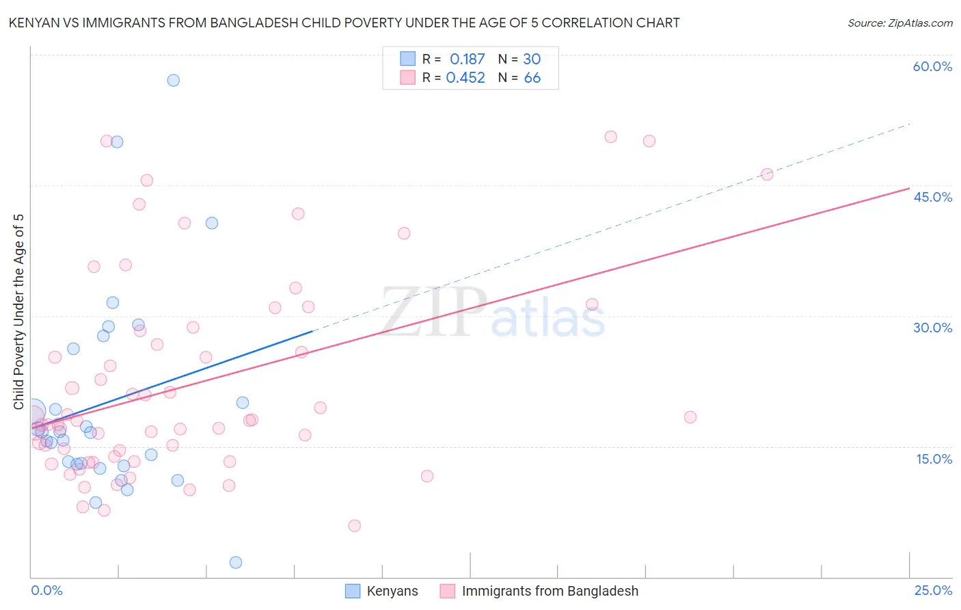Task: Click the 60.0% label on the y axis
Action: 932,66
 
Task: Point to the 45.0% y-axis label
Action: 932,197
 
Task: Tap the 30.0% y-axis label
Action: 932,328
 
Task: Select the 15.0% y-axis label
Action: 934,459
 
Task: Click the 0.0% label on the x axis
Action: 46,590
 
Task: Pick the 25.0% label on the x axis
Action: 933,590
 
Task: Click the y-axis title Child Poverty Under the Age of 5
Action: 18,311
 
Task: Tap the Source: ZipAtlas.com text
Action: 899,23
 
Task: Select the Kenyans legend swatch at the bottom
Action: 353,591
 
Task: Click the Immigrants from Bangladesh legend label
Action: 550,591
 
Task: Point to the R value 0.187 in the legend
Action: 467,59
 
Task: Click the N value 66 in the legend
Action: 532,78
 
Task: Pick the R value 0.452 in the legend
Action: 465,78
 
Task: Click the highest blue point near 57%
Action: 174,80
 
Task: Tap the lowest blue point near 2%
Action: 236,562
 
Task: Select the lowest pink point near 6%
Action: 354,526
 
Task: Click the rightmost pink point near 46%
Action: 767,174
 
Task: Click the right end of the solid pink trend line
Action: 909,188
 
